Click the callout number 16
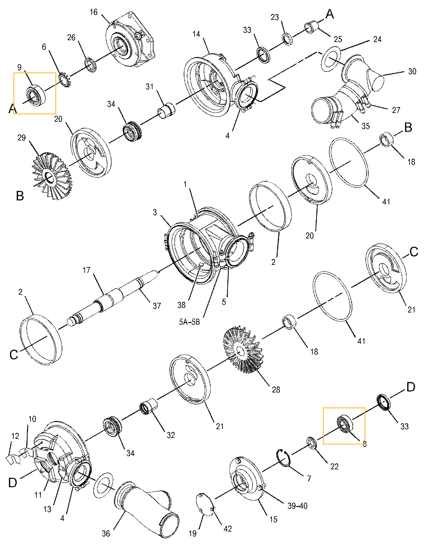93,12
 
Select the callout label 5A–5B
189,322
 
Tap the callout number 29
21,138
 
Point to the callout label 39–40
297,506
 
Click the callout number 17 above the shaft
86,270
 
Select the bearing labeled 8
344,424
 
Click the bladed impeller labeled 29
52,175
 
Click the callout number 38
181,305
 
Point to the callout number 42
227,529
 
